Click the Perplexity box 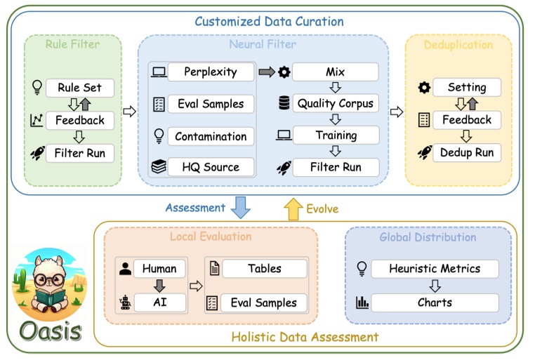pyautogui.click(x=211, y=72)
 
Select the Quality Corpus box pyautogui.click(x=336, y=103)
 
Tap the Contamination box pyautogui.click(x=211, y=136)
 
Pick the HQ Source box pyautogui.click(x=211, y=167)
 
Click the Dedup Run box pyautogui.click(x=467, y=152)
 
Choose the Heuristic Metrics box pyautogui.click(x=435, y=269)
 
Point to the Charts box pyautogui.click(x=435, y=302)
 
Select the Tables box pyautogui.click(x=265, y=269)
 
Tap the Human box pyautogui.click(x=159, y=269)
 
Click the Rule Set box pyautogui.click(x=80, y=88)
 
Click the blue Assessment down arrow pyautogui.click(x=241, y=207)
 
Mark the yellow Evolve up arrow pyautogui.click(x=293, y=209)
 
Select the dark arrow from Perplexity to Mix pyautogui.click(x=267, y=72)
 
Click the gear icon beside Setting pyautogui.click(x=424, y=88)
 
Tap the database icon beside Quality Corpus pyautogui.click(x=284, y=103)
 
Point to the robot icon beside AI pyautogui.click(x=125, y=302)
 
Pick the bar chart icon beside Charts pyautogui.click(x=362, y=302)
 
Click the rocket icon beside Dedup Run pyautogui.click(x=425, y=152)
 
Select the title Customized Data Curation pyautogui.click(x=269, y=22)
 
